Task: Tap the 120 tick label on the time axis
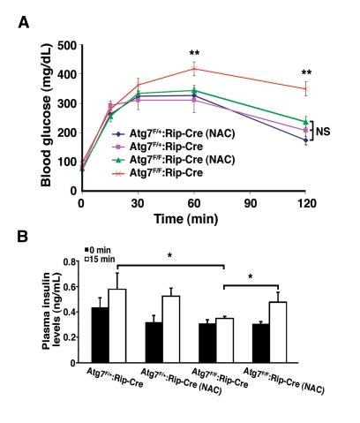click(305, 203)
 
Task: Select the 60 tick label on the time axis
click(193, 203)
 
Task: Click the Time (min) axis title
click(193, 218)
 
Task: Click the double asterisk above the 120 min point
click(306, 72)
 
